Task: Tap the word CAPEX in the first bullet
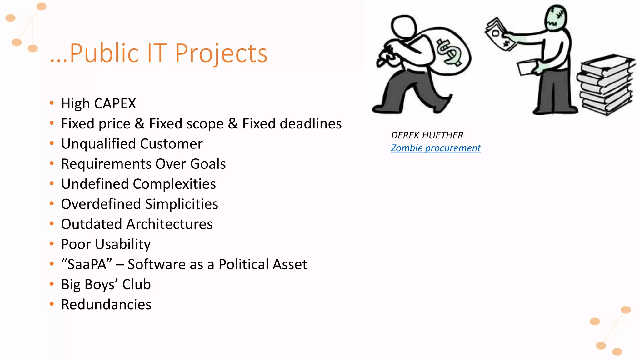(x=115, y=104)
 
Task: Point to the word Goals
(x=208, y=164)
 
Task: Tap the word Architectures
(x=170, y=224)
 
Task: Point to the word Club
(x=136, y=285)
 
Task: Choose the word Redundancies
(x=106, y=305)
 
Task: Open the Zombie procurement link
(x=436, y=148)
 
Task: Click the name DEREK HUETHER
(x=427, y=135)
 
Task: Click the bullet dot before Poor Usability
(x=52, y=244)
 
